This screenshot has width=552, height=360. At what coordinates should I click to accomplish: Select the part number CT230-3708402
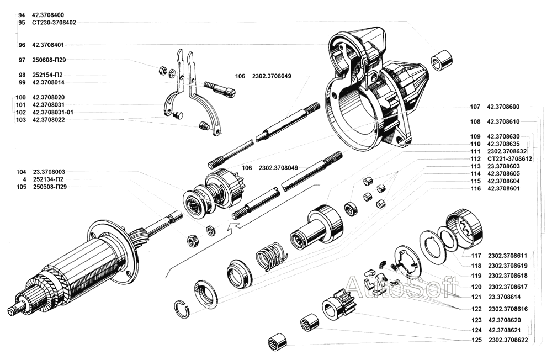(54, 23)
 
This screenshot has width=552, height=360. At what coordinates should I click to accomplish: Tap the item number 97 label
(22, 60)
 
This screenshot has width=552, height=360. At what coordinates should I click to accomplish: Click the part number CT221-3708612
(509, 158)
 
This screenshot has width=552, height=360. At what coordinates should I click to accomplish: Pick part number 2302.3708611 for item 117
(508, 256)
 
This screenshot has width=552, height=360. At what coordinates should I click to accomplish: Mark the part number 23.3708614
(504, 297)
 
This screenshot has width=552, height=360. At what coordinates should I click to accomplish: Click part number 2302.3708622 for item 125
(508, 340)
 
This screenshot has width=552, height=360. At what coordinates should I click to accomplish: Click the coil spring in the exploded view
(270, 257)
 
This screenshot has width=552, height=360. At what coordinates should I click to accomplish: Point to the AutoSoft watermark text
(400, 288)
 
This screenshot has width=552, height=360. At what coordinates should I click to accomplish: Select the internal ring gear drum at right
(464, 229)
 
